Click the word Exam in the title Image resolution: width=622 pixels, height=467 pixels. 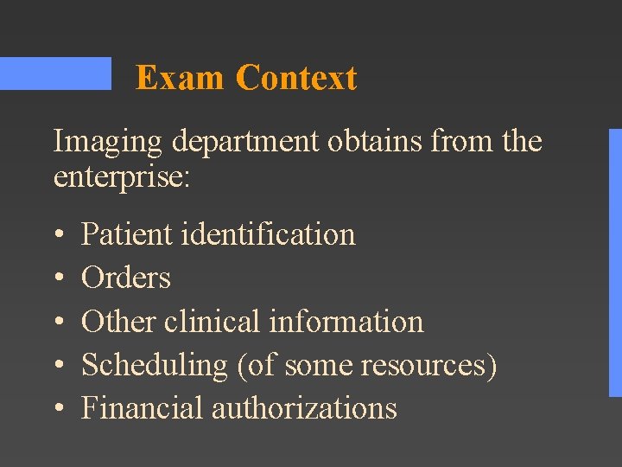pyautogui.click(x=180, y=78)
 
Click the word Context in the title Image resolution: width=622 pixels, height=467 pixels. pyautogui.click(x=295, y=78)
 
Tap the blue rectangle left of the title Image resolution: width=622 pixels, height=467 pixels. pyautogui.click(x=55, y=74)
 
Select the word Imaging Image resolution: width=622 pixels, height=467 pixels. pyautogui.click(x=109, y=142)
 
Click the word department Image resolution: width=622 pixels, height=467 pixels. pyautogui.click(x=245, y=142)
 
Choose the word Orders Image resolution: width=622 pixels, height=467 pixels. pyautogui.click(x=126, y=278)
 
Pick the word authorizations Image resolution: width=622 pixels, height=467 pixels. pyautogui.click(x=304, y=407)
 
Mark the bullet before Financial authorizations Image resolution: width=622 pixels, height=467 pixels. pyautogui.click(x=58, y=408)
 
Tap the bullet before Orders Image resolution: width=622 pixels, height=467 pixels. pyautogui.click(x=58, y=278)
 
